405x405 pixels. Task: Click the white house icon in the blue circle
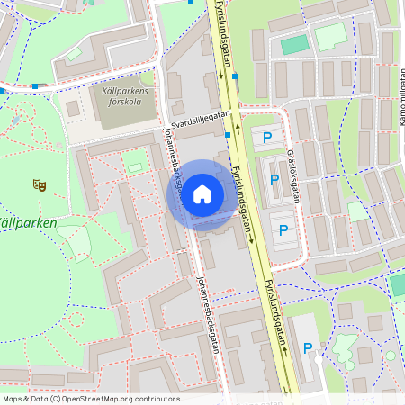202,193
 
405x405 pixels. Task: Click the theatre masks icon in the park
39,184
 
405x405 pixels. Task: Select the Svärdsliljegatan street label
200,121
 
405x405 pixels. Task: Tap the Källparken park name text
27,222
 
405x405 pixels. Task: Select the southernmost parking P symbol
308,348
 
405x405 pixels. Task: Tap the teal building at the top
293,45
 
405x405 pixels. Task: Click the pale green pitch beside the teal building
329,36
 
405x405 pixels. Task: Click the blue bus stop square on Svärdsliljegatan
227,135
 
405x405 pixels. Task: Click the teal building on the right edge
398,284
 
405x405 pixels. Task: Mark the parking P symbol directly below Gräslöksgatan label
275,180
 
